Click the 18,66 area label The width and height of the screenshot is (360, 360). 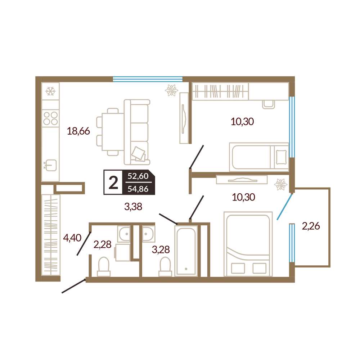[x=78, y=131]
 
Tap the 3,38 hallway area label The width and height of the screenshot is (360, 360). [x=133, y=207]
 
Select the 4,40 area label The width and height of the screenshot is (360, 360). [x=72, y=238]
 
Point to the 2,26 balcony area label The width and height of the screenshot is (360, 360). [x=311, y=226]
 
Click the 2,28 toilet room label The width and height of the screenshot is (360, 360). [x=102, y=244]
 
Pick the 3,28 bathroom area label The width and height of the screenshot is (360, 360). [x=161, y=249]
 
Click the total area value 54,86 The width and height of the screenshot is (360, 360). [x=138, y=189]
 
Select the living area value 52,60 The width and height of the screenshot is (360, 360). [x=138, y=176]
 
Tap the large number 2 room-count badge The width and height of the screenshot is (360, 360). [x=113, y=183]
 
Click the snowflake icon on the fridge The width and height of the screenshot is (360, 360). [x=50, y=91]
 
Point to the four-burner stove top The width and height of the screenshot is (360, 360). [x=50, y=118]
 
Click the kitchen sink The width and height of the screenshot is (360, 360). [x=50, y=165]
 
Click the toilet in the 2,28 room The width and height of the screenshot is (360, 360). [x=104, y=266]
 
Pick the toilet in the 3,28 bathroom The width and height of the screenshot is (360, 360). [x=165, y=266]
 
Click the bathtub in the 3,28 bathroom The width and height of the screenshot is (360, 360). [x=186, y=251]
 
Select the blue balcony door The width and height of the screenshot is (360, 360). [x=285, y=207]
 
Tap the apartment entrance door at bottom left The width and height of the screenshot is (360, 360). [x=74, y=286]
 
